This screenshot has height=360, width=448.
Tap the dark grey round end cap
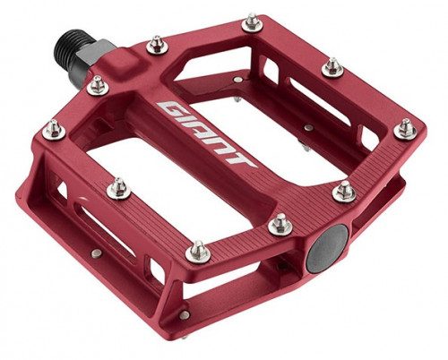coord(328,248)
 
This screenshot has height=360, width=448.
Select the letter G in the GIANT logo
coord(174,109)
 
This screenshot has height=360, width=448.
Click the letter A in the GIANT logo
coord(204,131)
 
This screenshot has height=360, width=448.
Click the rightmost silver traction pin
coord(405,128)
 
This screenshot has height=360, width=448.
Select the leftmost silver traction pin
coord(54,130)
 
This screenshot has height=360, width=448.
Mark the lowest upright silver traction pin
coord(198,252)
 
